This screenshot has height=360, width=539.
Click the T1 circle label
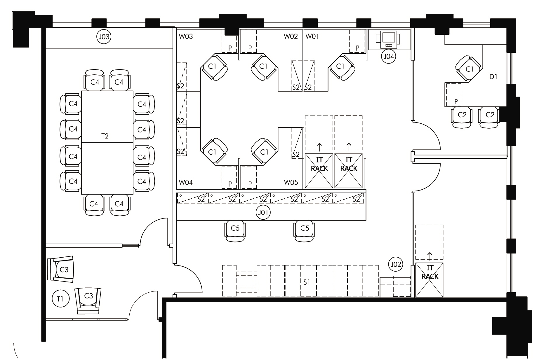click(x=60, y=299)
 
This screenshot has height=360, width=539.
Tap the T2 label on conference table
click(x=105, y=136)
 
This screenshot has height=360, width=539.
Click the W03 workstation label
click(x=186, y=36)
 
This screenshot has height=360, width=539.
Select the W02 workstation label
click(x=291, y=36)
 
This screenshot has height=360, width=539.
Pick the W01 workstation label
click(x=312, y=36)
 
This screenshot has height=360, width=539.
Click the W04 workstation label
click(x=186, y=183)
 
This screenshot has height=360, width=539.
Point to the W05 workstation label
click(x=291, y=183)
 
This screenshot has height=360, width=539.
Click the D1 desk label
click(x=493, y=77)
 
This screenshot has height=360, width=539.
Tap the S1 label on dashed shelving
click(x=307, y=282)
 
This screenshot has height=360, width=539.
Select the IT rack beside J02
click(x=430, y=280)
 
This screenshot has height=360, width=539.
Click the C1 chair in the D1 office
click(x=469, y=69)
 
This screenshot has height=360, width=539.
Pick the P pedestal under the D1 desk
click(x=453, y=95)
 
